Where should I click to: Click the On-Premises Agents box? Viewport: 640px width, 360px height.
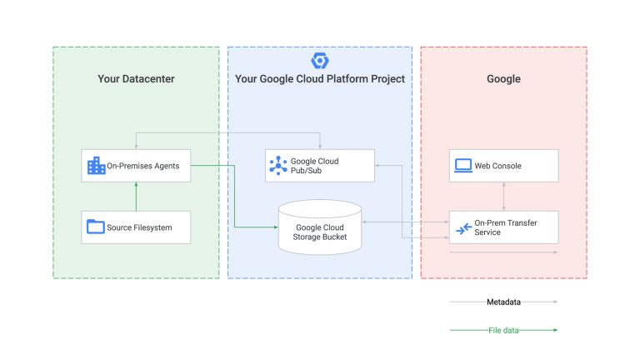click(136, 166)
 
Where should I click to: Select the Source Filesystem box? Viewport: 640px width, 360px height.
click(136, 227)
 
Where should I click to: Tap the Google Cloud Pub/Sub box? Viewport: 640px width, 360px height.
click(320, 166)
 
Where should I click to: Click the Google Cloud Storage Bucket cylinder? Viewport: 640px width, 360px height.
click(320, 227)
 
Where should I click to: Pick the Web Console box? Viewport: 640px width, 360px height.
click(503, 166)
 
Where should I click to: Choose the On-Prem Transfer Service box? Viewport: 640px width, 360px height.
click(503, 227)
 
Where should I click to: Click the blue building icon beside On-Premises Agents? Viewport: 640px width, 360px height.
click(97, 165)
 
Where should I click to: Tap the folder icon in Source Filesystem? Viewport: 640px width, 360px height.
click(96, 227)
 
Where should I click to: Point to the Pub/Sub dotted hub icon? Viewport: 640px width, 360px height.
click(278, 165)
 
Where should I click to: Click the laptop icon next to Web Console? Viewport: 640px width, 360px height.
click(463, 165)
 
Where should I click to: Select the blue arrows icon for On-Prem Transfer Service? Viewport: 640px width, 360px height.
click(463, 228)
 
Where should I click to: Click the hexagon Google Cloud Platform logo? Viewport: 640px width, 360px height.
click(320, 61)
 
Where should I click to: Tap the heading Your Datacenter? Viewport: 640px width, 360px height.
click(136, 79)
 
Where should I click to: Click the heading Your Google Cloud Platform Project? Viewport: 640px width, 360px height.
click(320, 79)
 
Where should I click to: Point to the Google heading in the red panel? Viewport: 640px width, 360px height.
click(503, 79)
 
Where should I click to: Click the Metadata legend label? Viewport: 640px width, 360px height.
click(503, 302)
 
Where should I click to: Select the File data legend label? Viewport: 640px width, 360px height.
click(503, 330)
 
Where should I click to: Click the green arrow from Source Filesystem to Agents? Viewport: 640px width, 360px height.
click(136, 197)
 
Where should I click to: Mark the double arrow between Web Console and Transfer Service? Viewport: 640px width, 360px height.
click(503, 197)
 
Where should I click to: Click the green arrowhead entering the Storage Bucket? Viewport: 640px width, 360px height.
click(276, 227)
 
